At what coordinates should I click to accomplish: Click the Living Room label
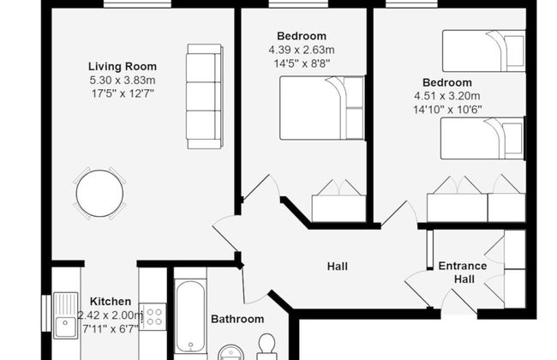point(122,65)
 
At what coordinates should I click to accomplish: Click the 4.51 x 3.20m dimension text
point(446,96)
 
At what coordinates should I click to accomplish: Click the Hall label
point(338,267)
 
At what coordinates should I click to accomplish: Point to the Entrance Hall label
point(463,273)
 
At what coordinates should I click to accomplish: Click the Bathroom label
point(237,320)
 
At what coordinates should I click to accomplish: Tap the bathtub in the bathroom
point(189,317)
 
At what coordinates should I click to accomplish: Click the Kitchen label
point(111,302)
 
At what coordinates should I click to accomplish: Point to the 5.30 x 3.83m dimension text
point(122,79)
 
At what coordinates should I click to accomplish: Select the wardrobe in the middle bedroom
point(338,203)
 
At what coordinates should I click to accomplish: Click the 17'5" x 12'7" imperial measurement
point(122,93)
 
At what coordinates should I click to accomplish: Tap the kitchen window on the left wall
point(45,316)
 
